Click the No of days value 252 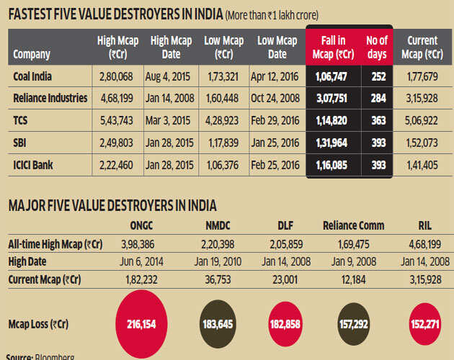coord(373,76)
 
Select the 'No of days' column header coord(373,46)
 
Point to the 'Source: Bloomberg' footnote coord(39,356)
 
